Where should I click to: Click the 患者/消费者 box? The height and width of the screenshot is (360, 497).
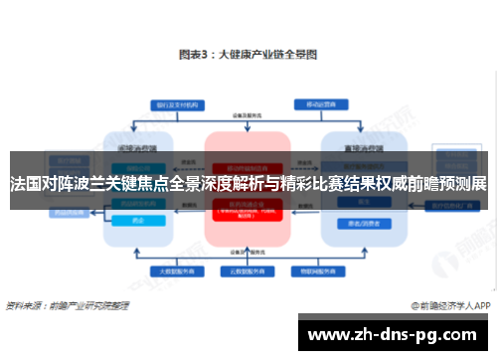coord(357,222)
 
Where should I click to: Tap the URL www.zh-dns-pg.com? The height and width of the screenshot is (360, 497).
coord(395,333)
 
